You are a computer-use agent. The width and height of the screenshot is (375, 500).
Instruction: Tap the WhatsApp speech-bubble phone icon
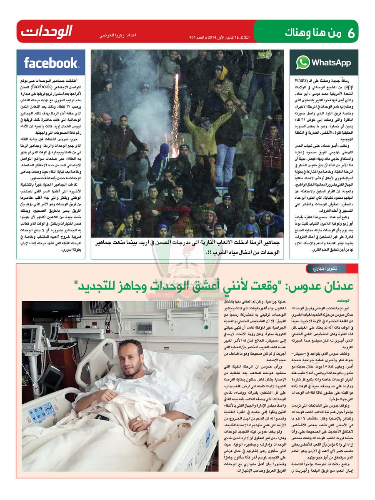click(303, 62)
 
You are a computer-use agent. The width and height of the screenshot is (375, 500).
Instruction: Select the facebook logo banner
click(51, 63)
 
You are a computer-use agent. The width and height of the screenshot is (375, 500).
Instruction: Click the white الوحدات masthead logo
click(46, 31)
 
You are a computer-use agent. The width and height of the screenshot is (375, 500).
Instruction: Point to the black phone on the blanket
click(102, 417)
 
